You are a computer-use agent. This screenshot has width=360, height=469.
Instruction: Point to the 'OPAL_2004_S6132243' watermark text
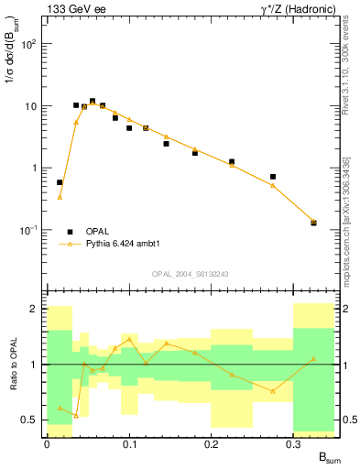[191, 274]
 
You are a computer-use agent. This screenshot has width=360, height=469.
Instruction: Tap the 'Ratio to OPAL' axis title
[13, 364]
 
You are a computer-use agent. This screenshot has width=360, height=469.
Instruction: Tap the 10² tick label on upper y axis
[29, 44]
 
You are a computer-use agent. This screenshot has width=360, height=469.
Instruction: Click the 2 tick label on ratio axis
[33, 310]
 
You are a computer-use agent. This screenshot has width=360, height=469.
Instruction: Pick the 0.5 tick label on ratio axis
[29, 420]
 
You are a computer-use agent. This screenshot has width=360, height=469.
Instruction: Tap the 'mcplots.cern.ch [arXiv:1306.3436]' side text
[349, 211]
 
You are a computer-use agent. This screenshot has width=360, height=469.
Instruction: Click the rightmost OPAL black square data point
[314, 223]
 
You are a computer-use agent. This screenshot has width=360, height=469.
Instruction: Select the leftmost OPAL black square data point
[60, 182]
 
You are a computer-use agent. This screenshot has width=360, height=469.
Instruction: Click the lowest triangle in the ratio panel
[76, 416]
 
